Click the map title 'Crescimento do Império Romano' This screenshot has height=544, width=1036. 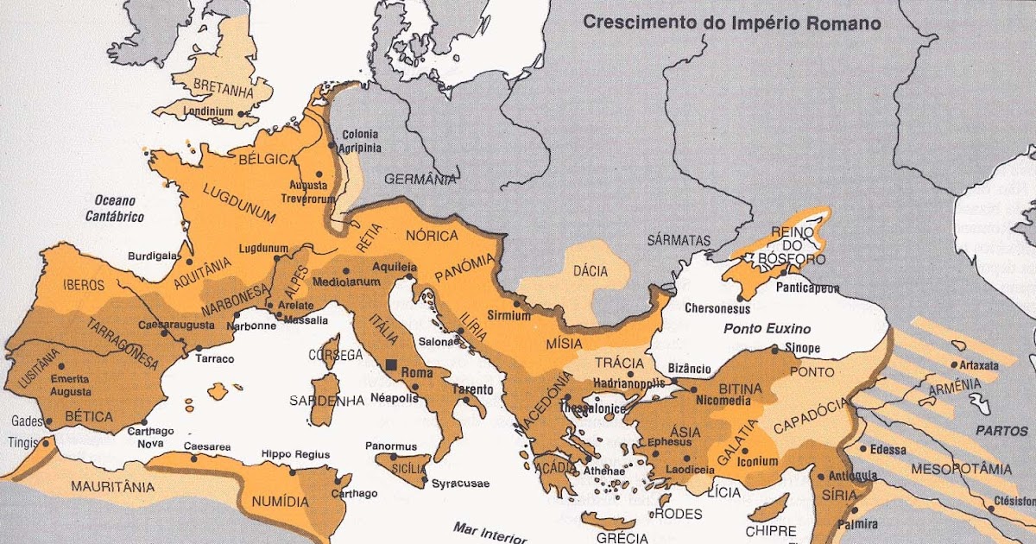[732, 22]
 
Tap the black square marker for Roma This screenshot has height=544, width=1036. [392, 365]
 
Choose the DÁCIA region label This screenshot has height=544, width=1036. [591, 271]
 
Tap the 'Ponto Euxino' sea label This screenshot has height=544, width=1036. [767, 328]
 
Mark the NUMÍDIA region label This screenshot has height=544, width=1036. [279, 502]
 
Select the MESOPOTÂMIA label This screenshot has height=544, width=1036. [966, 470]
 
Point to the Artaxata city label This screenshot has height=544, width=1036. [981, 365]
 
